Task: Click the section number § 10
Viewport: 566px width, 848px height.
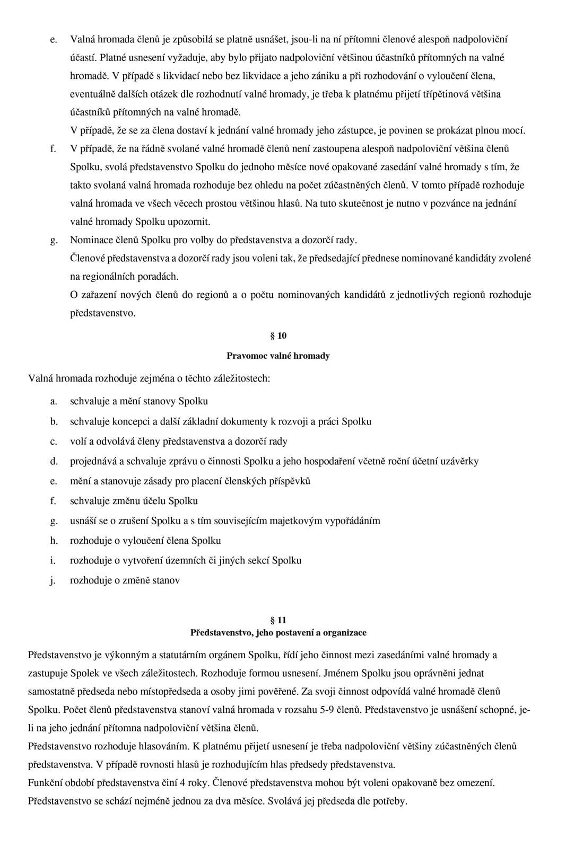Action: point(278,335)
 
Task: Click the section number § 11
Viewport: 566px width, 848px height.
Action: point(278,620)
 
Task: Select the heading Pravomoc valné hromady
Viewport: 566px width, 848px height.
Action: point(278,356)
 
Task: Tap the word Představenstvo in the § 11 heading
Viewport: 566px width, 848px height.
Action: point(215,632)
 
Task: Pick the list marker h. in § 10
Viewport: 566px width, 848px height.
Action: point(54,541)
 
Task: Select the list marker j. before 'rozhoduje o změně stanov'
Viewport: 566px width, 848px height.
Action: point(53,580)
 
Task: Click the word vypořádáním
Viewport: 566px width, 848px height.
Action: point(350,520)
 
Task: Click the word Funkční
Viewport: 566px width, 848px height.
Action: point(45,782)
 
